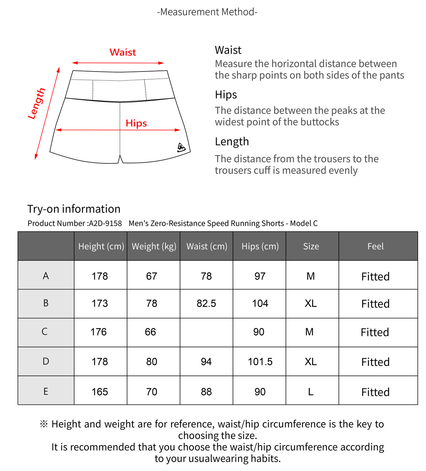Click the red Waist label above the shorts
tap(122, 52)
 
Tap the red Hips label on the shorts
tap(136, 123)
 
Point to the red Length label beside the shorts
tap(37, 103)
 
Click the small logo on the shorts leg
tap(181, 147)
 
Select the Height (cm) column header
tap(101, 246)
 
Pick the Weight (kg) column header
tap(154, 246)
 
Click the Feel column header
tap(375, 246)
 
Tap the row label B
tap(46, 303)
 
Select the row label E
tap(46, 392)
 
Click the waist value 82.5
tap(206, 303)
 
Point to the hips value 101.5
tap(260, 362)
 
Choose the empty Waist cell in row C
tap(206, 332)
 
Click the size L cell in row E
tap(311, 392)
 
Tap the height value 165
tap(100, 392)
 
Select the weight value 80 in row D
tap(152, 362)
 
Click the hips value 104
tap(260, 303)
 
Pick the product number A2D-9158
tap(105, 223)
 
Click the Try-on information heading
tap(74, 209)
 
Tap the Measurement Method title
tap(207, 12)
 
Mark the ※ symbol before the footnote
tap(44, 424)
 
